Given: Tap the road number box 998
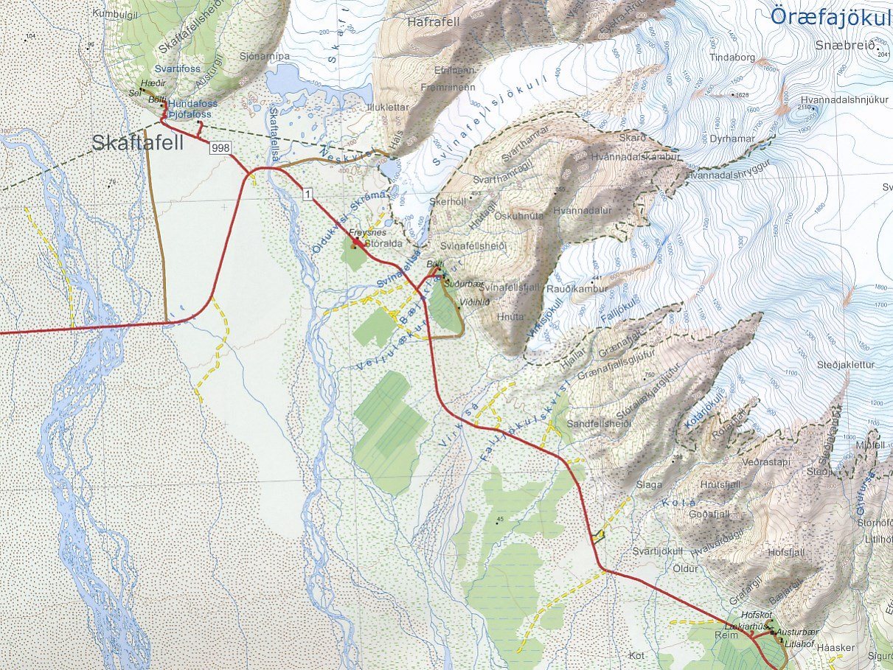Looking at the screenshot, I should tap(220, 148).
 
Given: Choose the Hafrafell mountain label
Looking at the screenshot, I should tap(433, 22).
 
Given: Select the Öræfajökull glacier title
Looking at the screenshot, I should tap(829, 14).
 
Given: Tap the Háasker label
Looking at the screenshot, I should tap(837, 647).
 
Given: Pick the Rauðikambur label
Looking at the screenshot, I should tap(578, 289).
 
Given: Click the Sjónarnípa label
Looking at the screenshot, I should tap(264, 55).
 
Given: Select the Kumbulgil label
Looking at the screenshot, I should tap(117, 13).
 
